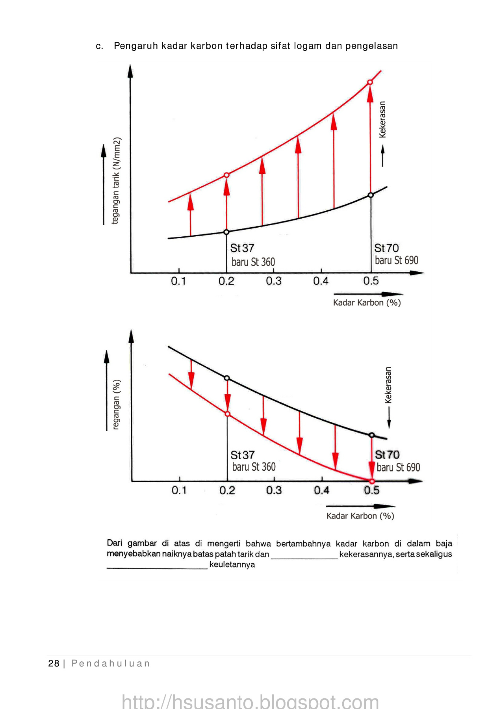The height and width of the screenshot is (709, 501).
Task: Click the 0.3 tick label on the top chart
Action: pyautogui.click(x=273, y=281)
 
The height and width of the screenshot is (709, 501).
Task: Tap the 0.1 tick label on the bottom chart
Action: pyautogui.click(x=179, y=490)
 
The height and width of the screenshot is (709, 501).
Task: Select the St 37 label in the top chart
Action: pyautogui.click(x=242, y=248)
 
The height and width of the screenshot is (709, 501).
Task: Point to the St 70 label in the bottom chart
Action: pyautogui.click(x=387, y=455)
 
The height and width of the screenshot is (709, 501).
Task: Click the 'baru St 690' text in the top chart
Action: pyautogui.click(x=396, y=260)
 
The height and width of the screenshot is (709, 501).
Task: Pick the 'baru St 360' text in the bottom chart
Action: pyautogui.click(x=254, y=467)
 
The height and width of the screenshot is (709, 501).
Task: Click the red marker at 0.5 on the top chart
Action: pyautogui.click(x=370, y=82)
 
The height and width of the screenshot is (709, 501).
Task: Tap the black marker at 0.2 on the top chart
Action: pyautogui.click(x=226, y=232)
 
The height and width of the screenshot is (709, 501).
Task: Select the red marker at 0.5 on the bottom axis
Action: pyautogui.click(x=372, y=481)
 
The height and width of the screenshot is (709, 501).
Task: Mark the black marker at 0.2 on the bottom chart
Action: pyautogui.click(x=227, y=378)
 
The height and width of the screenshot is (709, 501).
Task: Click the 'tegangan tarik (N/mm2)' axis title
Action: pyautogui.click(x=116, y=181)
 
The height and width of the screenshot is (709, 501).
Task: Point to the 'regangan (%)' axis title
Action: pyautogui.click(x=116, y=404)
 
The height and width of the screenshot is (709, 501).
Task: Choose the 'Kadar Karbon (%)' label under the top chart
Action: pyautogui.click(x=367, y=303)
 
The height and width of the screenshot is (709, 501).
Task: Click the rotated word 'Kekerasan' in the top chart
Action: pyautogui.click(x=382, y=120)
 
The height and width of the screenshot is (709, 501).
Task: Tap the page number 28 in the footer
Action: pyautogui.click(x=54, y=664)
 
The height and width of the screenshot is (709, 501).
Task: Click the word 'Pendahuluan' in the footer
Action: pyautogui.click(x=111, y=664)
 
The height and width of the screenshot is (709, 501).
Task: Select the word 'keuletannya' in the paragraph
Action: pyautogui.click(x=232, y=565)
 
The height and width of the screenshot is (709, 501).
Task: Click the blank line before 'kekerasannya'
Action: pyautogui.click(x=304, y=555)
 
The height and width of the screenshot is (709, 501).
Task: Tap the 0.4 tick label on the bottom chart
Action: pyautogui.click(x=321, y=490)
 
